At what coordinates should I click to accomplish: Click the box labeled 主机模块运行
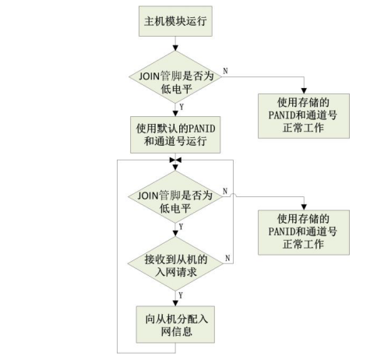pos(175,21)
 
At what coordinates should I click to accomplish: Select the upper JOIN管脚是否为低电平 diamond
pos(175,77)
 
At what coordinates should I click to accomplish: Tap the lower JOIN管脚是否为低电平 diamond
pos(175,196)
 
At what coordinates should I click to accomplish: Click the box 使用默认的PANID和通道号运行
pos(175,135)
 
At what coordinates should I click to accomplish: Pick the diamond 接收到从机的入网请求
pos(175,263)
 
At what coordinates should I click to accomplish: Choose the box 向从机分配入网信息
pos(175,324)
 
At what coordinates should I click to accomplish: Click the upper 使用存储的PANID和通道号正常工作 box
pos(304,116)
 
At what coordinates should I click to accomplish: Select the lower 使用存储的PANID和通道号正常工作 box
pos(304,232)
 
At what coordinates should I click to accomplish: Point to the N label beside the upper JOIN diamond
pos(225,71)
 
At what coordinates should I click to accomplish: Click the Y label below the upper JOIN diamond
pos(181,107)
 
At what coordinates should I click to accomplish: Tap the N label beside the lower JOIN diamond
pos(225,191)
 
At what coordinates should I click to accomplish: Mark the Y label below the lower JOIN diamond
pos(181,227)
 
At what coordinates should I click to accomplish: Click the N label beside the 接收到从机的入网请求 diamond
pos(227,258)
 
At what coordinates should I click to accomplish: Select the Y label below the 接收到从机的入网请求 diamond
pos(181,295)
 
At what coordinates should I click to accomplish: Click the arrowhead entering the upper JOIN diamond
pos(175,48)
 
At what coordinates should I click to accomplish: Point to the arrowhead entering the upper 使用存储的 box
pos(304,91)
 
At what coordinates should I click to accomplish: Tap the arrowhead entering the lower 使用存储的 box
pos(304,207)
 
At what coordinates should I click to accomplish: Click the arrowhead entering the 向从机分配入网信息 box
pos(175,303)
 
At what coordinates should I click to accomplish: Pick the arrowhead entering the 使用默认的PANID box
pos(175,114)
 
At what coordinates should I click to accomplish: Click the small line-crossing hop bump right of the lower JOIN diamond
pos(233,195)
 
